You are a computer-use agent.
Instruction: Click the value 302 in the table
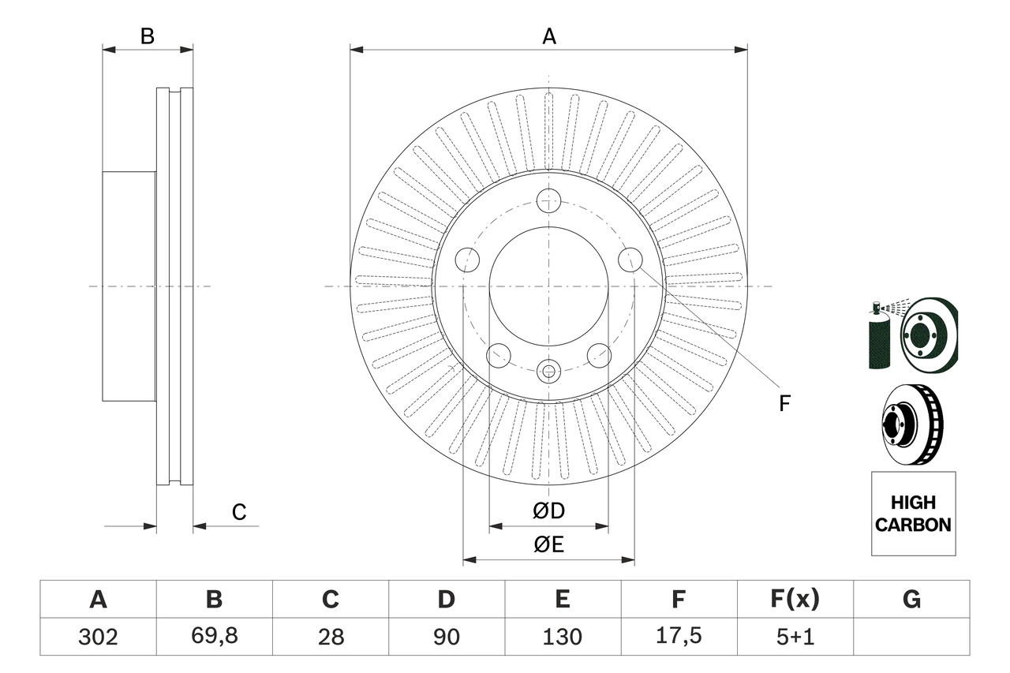(x=98, y=637)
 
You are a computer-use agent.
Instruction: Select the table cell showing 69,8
(x=214, y=637)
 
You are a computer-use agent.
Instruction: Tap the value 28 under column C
(x=330, y=637)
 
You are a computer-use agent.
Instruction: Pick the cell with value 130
(x=562, y=637)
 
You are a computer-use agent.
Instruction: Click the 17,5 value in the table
(x=678, y=637)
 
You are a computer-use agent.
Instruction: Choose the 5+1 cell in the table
(x=795, y=637)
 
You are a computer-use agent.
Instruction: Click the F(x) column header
(x=795, y=600)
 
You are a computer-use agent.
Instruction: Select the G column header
(x=911, y=600)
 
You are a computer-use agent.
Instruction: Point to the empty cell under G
(x=911, y=637)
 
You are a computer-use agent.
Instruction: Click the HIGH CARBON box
(x=913, y=514)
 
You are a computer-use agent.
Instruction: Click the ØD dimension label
(x=549, y=511)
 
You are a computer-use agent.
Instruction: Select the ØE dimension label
(x=549, y=545)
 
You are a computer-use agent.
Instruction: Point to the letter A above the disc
(x=549, y=36)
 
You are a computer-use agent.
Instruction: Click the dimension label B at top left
(x=147, y=36)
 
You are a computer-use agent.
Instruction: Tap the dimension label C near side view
(x=239, y=512)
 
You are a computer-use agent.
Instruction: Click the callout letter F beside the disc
(x=784, y=404)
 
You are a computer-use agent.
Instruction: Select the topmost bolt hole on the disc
(x=548, y=200)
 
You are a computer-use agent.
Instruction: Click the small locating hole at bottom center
(x=548, y=369)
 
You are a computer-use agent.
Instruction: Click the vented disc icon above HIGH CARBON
(x=912, y=423)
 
